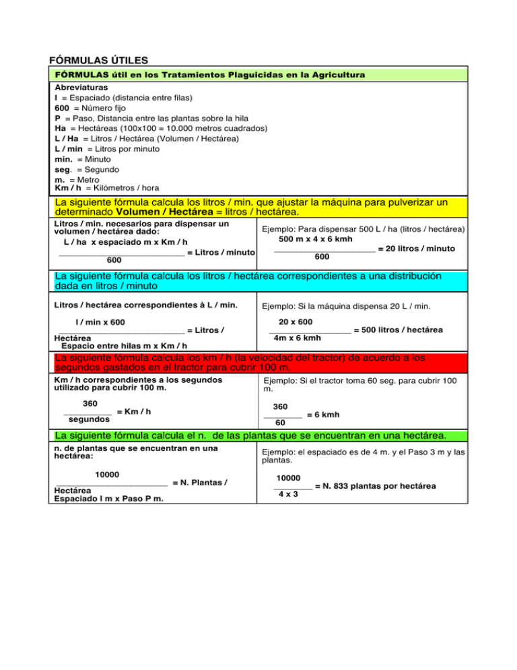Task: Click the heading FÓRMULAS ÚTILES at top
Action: click(99, 60)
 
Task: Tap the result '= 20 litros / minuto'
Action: click(416, 249)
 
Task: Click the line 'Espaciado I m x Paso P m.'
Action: click(109, 499)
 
